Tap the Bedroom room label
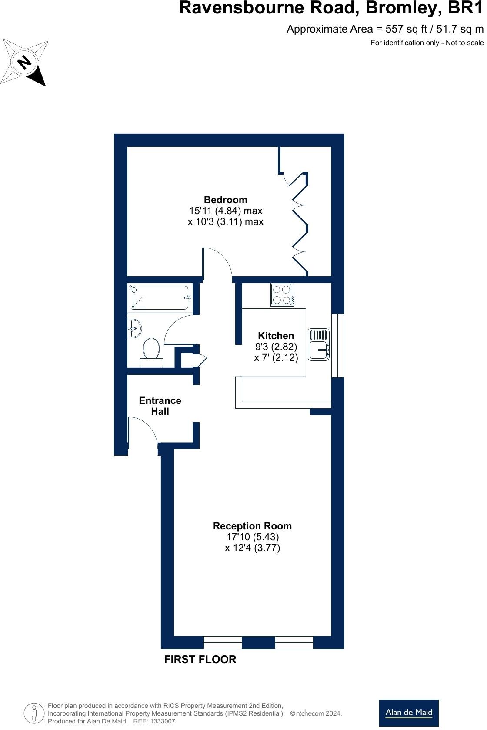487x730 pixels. (x=225, y=200)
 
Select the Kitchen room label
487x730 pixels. (x=276, y=336)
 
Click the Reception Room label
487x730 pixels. (x=252, y=526)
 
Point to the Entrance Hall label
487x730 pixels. (x=160, y=406)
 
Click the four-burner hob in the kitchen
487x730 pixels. (x=282, y=294)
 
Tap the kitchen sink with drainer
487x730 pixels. (x=319, y=344)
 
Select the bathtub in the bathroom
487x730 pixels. (x=159, y=297)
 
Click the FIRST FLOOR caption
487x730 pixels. (x=200, y=659)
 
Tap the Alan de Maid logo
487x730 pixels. (x=409, y=713)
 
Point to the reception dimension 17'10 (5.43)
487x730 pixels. (x=252, y=537)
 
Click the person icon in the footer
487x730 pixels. (x=34, y=713)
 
